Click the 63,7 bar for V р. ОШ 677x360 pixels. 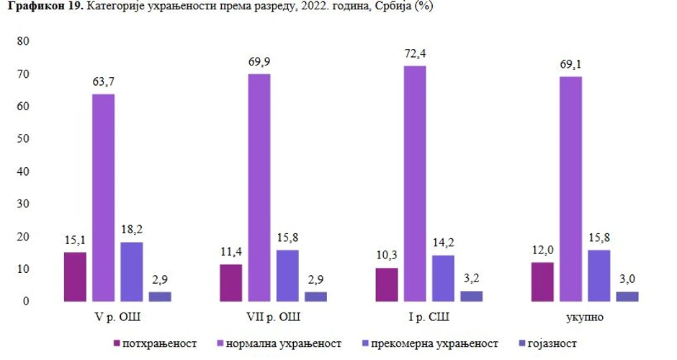[x=103, y=197]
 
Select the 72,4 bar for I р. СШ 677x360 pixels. [x=414, y=183]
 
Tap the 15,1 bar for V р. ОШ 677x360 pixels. [x=75, y=276]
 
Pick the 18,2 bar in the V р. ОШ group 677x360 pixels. [x=131, y=271]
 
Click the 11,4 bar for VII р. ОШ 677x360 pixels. [x=230, y=282]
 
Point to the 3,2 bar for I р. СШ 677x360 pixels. [x=471, y=295]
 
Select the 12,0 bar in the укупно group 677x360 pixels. [x=542, y=282]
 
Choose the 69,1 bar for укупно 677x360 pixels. [x=570, y=189]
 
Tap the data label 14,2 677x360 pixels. [x=443, y=242]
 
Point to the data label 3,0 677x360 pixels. [x=627, y=279]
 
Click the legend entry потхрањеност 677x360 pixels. [x=155, y=343]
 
